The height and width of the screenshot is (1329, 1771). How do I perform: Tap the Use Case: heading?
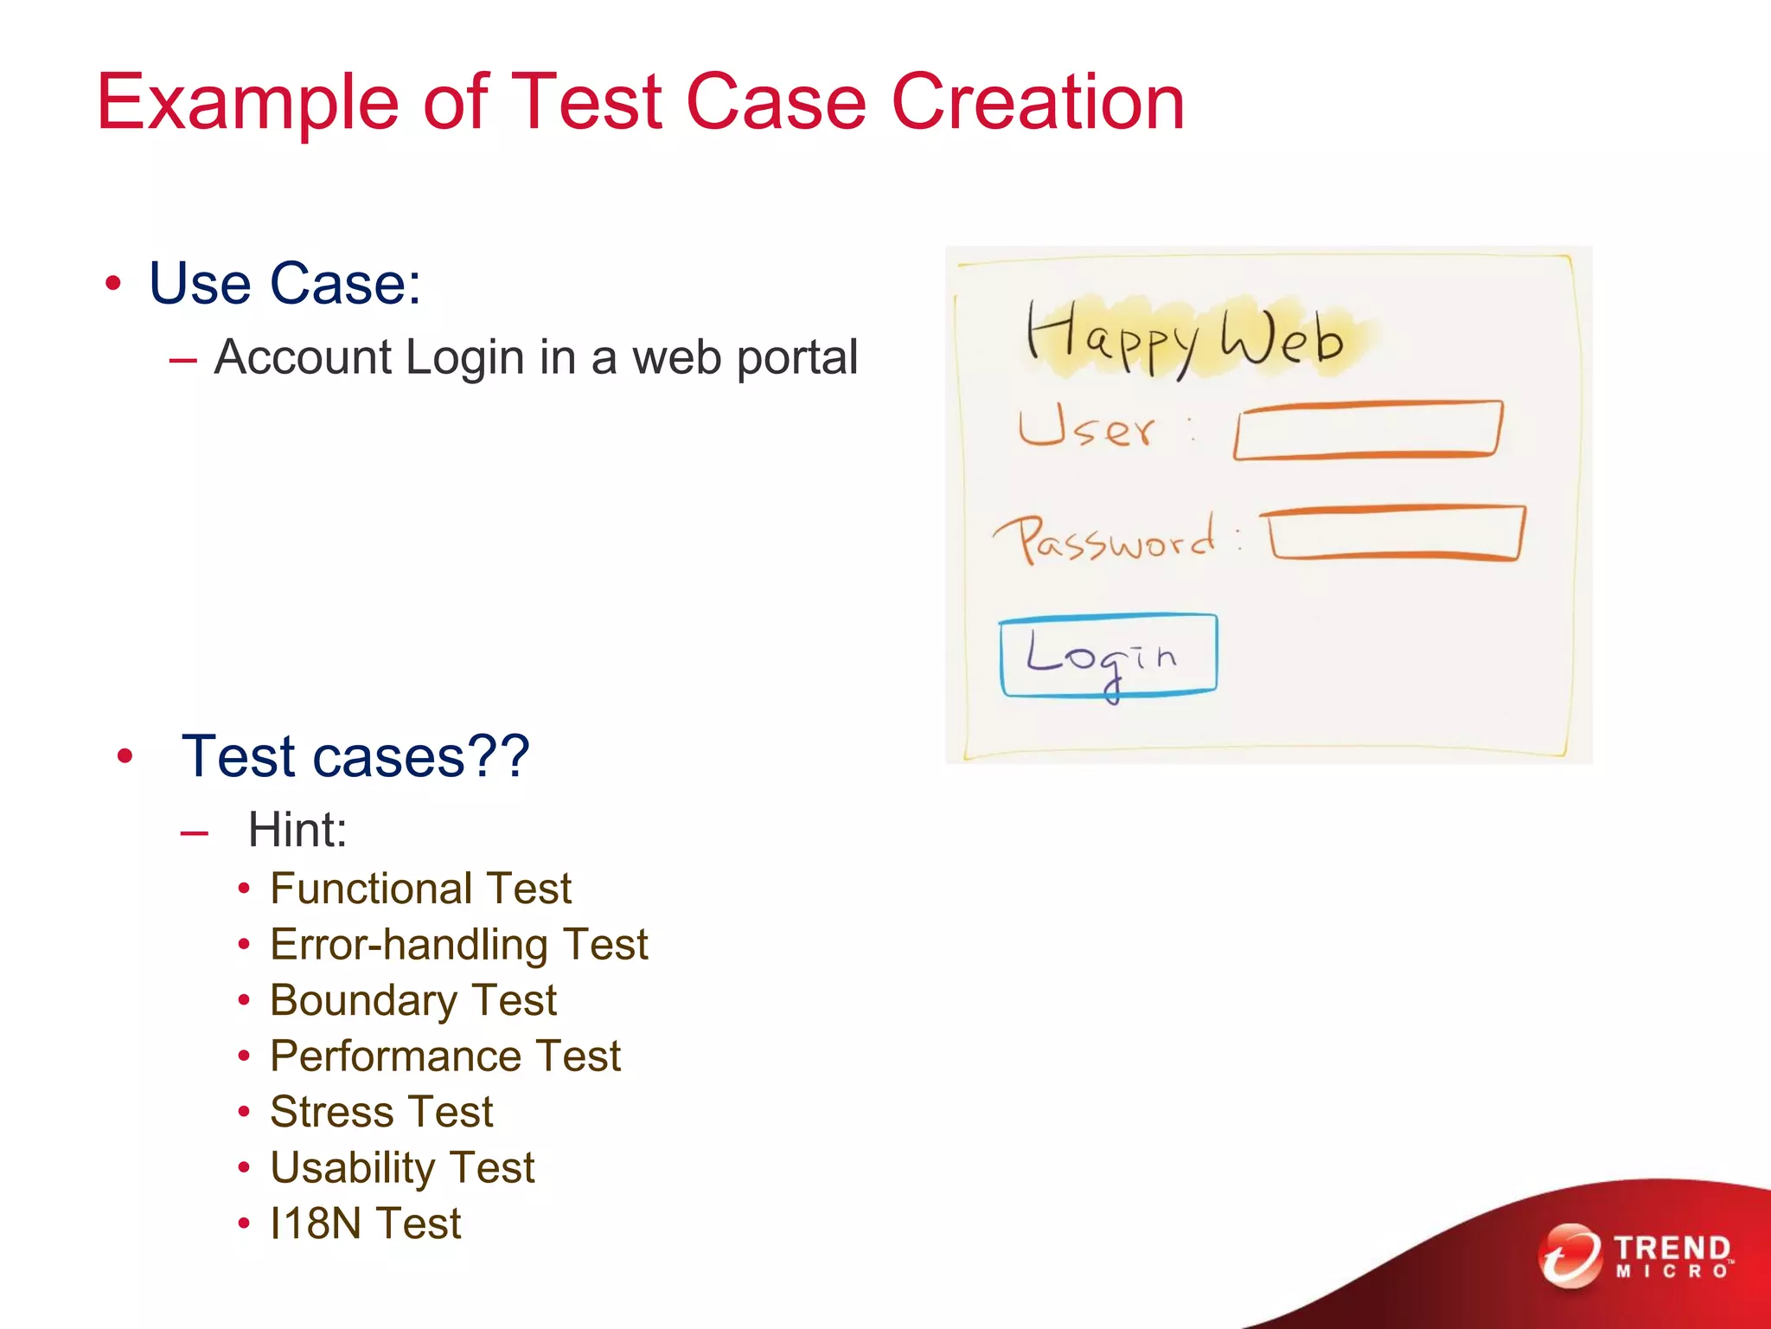(x=285, y=283)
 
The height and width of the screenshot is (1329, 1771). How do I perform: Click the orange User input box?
(x=1367, y=430)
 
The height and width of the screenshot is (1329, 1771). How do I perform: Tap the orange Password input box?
(x=1394, y=534)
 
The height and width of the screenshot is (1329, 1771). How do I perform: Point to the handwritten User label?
(x=1086, y=427)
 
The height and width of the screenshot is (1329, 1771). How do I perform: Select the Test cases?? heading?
(x=355, y=756)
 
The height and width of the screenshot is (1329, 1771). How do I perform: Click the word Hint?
(x=297, y=830)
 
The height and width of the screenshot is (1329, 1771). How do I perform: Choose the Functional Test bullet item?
(x=420, y=889)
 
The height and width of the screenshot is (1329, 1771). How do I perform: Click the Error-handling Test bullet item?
(x=458, y=944)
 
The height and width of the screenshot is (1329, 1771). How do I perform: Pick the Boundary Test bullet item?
(x=412, y=1000)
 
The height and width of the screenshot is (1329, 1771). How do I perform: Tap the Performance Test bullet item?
(x=444, y=1056)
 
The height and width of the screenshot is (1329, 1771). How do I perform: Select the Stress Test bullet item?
(x=380, y=1112)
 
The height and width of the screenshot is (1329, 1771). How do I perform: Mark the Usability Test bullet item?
(x=402, y=1167)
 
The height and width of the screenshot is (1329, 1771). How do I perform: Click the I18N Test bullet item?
(x=365, y=1223)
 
